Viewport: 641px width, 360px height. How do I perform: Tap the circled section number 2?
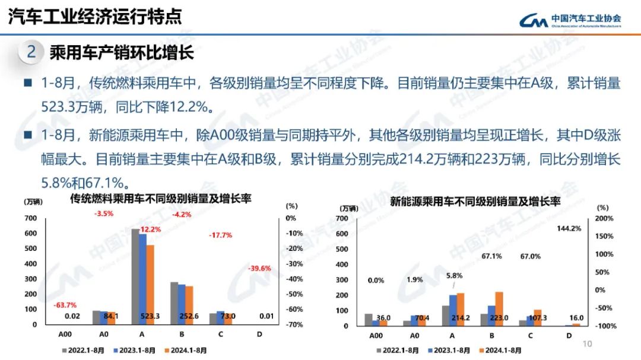pyautogui.click(x=31, y=52)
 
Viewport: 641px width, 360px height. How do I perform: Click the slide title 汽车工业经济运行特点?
pyautogui.click(x=95, y=17)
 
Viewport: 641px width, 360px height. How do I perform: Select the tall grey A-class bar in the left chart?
pyautogui.click(x=135, y=276)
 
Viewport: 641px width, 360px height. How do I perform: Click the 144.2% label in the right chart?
pyautogui.click(x=569, y=228)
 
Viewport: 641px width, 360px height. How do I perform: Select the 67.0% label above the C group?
pyautogui.click(x=530, y=256)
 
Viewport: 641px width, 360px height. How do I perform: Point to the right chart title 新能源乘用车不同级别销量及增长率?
pyautogui.click(x=475, y=202)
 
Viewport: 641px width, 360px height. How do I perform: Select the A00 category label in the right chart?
pyautogui.click(x=376, y=336)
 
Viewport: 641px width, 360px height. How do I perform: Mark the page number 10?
pyautogui.click(x=588, y=343)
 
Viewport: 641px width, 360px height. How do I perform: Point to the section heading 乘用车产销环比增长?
pyautogui.click(x=122, y=53)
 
